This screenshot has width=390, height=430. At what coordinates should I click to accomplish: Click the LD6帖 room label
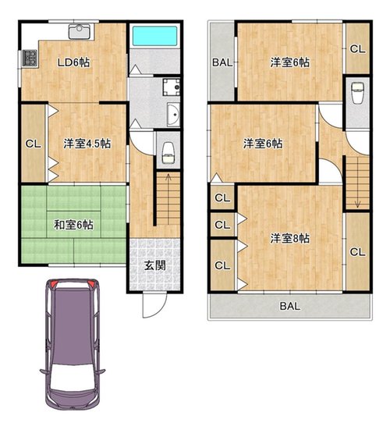(x=73, y=62)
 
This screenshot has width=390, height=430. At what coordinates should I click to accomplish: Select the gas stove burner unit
(x=30, y=58)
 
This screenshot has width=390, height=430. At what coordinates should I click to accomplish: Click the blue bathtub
(x=154, y=36)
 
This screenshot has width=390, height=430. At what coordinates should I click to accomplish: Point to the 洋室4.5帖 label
(x=87, y=144)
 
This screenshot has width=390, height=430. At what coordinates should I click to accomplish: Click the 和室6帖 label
(x=73, y=225)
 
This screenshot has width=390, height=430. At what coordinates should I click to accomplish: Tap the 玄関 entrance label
(x=155, y=265)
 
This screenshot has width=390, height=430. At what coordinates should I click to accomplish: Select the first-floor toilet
(x=168, y=153)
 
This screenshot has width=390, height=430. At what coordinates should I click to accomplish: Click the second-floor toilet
(x=357, y=93)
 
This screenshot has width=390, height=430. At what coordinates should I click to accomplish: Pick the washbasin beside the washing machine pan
(x=173, y=115)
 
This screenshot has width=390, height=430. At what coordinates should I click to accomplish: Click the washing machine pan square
(x=172, y=87)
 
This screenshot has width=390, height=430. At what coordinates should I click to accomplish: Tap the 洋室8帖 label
(x=290, y=238)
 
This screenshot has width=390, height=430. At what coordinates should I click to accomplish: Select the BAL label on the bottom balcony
(x=290, y=306)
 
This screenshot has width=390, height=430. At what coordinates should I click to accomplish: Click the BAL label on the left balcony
(x=222, y=62)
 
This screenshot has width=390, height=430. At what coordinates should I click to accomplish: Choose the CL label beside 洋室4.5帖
(x=34, y=144)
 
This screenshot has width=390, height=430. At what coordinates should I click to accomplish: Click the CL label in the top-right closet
(x=358, y=49)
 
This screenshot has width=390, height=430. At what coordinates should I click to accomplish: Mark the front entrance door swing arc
(x=159, y=310)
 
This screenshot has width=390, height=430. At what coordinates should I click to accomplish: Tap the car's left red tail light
(x=53, y=283)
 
